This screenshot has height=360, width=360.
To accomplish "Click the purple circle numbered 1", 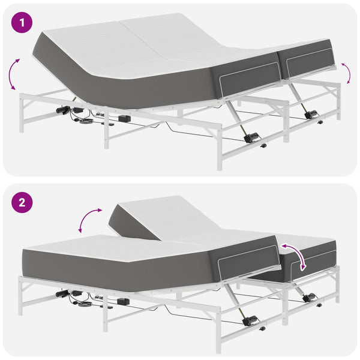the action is (x=22, y=23).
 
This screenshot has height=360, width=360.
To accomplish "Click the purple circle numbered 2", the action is (x=22, y=203).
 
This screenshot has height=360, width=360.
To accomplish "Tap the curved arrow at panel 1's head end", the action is (x=11, y=74).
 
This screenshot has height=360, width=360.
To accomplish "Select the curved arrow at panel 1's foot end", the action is (x=347, y=73).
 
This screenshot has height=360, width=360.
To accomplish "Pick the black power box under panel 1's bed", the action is (x=124, y=118).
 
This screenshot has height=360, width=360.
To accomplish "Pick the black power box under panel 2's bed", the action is (x=123, y=301).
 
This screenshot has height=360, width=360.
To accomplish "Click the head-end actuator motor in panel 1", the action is (x=62, y=110).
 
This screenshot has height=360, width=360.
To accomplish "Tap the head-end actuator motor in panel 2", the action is (x=62, y=293).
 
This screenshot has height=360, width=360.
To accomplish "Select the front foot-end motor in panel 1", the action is (x=251, y=137).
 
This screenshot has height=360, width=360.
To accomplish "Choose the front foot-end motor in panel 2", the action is (x=250, y=320).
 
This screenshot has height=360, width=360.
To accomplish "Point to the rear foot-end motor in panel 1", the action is (x=311, y=114).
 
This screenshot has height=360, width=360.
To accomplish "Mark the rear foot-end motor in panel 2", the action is (x=309, y=297).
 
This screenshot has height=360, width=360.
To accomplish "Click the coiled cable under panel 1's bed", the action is (x=86, y=121).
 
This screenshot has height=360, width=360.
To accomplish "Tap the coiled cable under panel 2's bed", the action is (x=85, y=304).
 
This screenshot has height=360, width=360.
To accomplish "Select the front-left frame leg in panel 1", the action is (x=22, y=113).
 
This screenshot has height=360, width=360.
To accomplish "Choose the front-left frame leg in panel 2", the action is (x=20, y=296).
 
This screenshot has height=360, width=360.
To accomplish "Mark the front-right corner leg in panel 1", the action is (x=220, y=147).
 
